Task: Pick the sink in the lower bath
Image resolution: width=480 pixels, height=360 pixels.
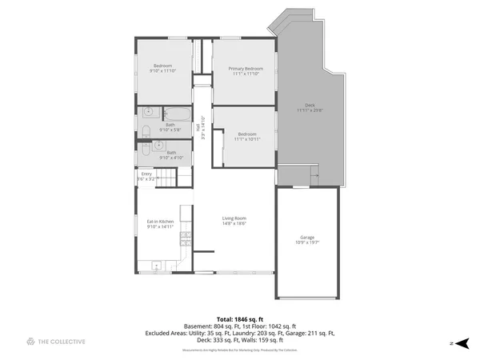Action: click(158, 146)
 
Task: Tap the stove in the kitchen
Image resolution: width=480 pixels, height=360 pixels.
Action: click(186, 237)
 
